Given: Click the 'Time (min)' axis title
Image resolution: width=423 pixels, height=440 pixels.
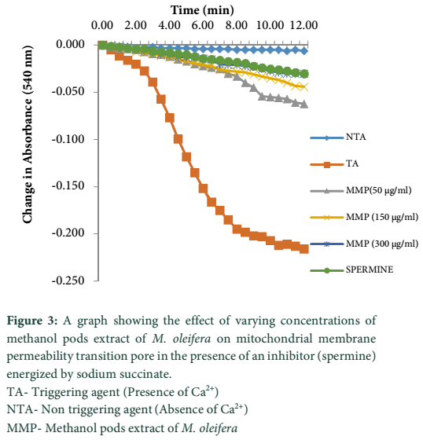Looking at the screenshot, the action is coord(202,10).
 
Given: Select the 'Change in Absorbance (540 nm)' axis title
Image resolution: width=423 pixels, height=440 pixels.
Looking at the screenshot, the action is coord(28,134).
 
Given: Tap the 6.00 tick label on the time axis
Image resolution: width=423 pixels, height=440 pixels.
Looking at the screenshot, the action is coord(203,25).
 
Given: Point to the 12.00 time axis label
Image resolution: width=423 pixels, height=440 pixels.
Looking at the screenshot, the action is coord(304,25).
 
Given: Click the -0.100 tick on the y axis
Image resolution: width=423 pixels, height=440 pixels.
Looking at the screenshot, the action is coord(68,139).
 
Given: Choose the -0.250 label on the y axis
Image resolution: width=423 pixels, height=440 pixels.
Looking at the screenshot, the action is coord(68,280).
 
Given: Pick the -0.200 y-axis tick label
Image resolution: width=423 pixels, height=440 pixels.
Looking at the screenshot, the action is coord(68,233).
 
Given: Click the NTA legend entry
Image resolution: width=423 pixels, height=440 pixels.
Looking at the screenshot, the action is coord(338,137).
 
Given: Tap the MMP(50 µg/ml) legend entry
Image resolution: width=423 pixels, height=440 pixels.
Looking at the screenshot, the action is coord(361,190).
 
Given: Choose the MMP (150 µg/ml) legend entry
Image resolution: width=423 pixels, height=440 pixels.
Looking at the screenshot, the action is coord(364,217).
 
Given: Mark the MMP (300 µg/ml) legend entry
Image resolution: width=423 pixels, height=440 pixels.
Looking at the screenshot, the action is coord(364,244).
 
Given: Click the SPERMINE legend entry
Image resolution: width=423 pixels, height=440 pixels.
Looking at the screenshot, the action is coord(351,270).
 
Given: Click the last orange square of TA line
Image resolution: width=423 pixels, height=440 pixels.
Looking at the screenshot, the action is coord(304,249).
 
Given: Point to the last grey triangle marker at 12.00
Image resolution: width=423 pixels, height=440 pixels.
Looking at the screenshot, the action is coord(304,104).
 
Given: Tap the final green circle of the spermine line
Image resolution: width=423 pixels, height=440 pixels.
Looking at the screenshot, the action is coord(304,75).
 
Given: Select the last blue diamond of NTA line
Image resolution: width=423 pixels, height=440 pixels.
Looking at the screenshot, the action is coord(304,51).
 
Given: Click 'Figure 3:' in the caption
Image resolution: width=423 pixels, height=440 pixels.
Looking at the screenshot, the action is coord(32,321).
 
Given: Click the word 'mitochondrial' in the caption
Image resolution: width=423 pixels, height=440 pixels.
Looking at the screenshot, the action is coord(274,339).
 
